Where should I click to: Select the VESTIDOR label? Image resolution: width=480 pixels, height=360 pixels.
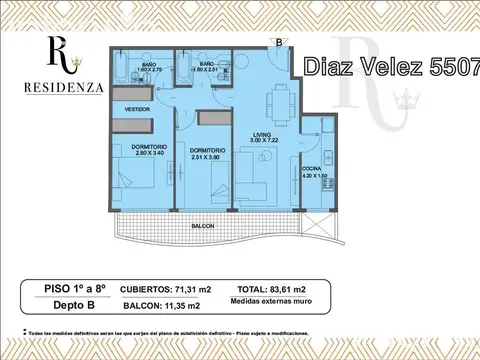click(137, 108)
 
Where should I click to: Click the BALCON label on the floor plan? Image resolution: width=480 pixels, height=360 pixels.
click(204, 227)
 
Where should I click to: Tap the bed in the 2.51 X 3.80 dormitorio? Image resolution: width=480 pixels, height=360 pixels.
click(200, 187)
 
